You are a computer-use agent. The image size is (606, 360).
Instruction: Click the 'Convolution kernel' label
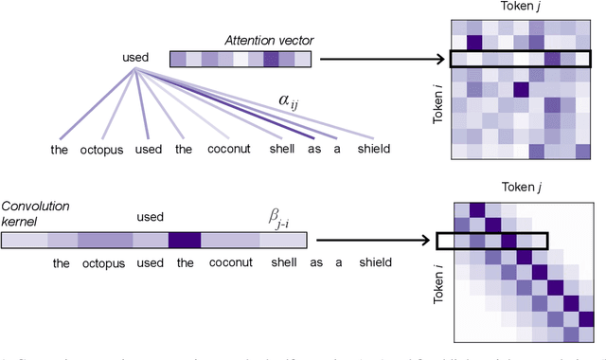[x=27, y=213]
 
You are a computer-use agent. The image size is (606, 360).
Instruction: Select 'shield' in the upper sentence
[x=371, y=149]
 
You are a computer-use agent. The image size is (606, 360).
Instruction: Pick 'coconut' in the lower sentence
[x=219, y=264]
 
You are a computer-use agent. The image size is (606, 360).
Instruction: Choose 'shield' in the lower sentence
[x=371, y=264]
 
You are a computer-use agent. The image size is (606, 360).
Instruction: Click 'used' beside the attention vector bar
[x=135, y=59]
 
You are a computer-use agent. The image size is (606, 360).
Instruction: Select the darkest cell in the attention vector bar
[x=272, y=60]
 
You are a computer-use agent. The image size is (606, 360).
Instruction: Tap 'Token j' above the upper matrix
[x=517, y=9]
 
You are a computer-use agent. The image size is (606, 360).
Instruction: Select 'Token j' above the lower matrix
[x=517, y=188]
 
